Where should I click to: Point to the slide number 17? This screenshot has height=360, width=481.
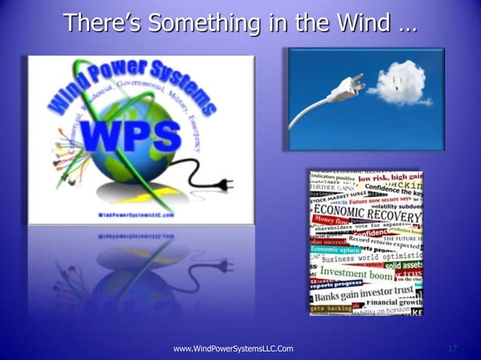[453, 349]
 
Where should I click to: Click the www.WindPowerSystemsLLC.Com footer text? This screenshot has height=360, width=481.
[233, 349]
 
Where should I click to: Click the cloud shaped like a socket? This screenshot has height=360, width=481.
[400, 86]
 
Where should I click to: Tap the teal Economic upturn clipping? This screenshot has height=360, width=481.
[336, 249]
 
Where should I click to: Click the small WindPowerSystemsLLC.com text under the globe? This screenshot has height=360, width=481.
[133, 215]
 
